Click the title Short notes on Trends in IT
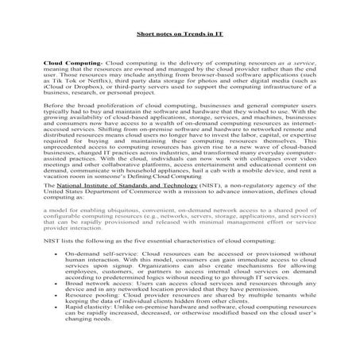180,34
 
